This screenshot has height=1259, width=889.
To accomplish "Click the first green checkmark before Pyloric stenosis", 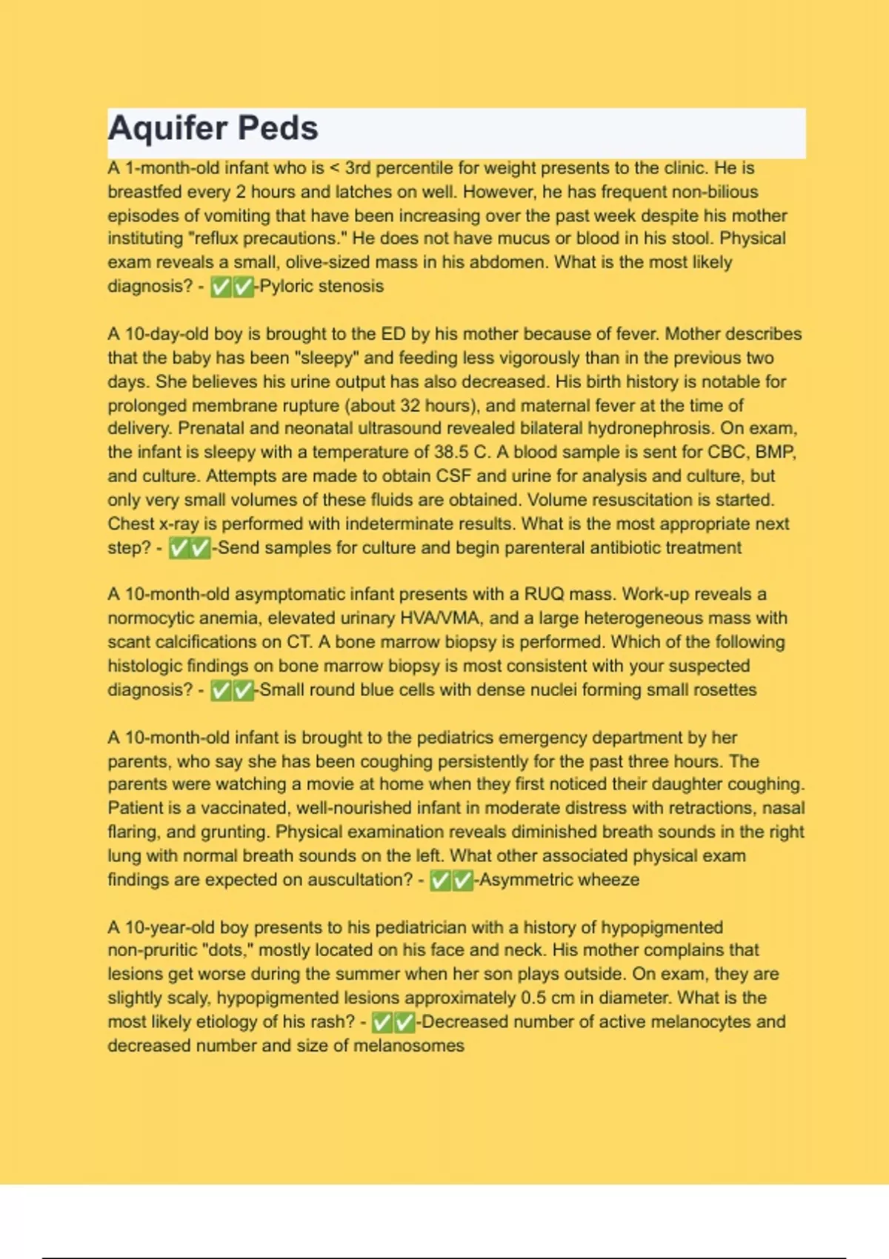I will point(221,287).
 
